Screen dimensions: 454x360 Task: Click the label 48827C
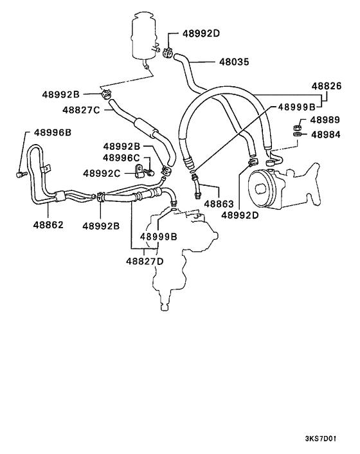pyautogui.click(x=82, y=109)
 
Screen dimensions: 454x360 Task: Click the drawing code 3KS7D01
pyautogui.click(x=320, y=439)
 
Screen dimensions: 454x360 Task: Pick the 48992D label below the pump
pyautogui.click(x=239, y=215)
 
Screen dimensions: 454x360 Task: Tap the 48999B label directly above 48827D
pyautogui.click(x=158, y=237)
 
